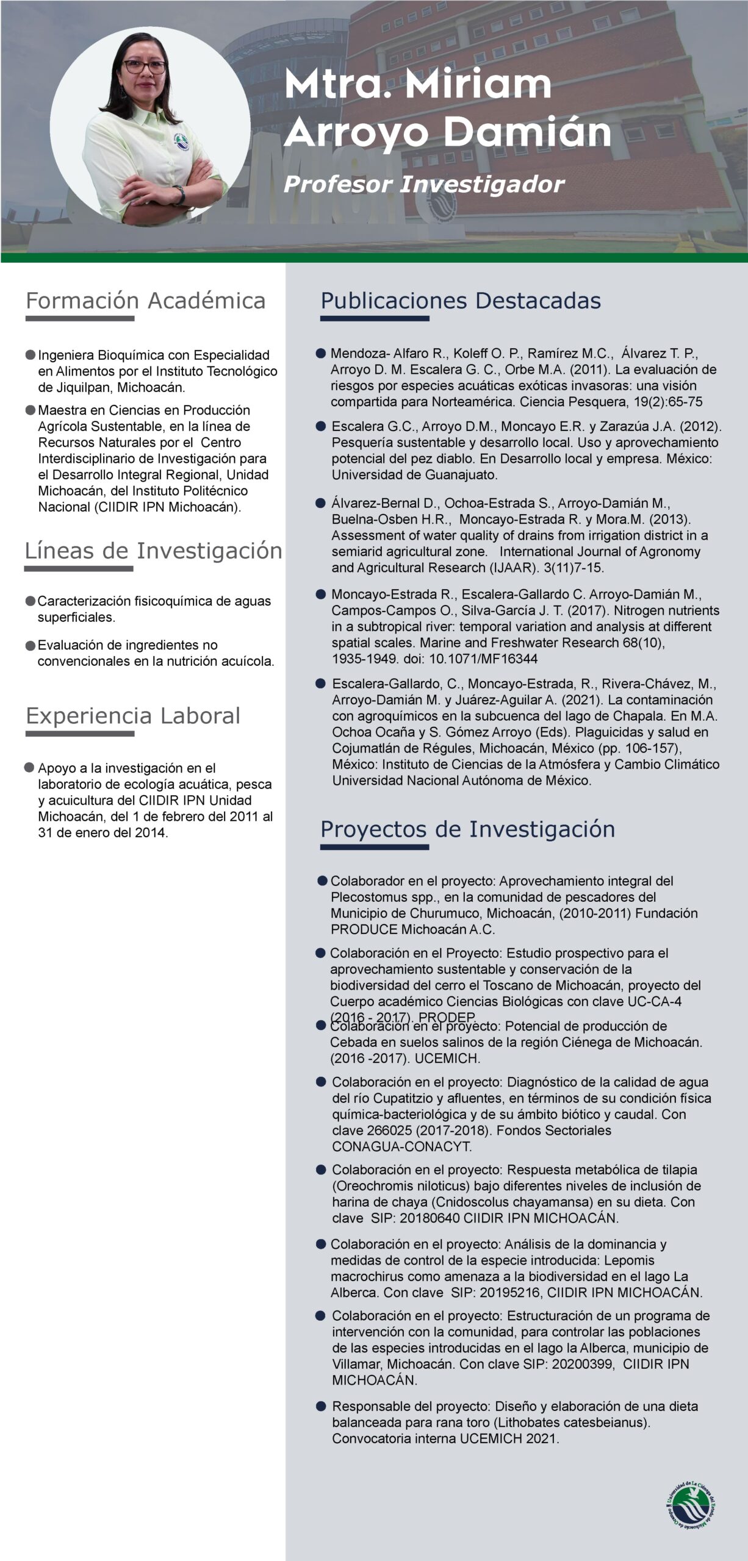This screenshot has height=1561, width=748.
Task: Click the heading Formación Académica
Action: click(x=145, y=301)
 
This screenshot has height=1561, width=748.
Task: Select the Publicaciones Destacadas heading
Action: click(x=461, y=301)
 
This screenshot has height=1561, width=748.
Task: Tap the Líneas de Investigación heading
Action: click(x=153, y=551)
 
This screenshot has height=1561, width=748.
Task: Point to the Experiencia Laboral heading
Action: click(x=133, y=716)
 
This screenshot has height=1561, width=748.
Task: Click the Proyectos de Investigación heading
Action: click(x=467, y=829)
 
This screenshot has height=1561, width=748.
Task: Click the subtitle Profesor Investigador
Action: click(x=423, y=184)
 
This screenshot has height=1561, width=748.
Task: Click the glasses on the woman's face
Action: click(x=145, y=67)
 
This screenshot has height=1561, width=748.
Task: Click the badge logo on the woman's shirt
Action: click(x=181, y=141)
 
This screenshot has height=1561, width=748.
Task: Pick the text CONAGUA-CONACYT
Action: click(x=401, y=1146)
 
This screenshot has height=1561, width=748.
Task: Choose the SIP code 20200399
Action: click(x=583, y=1364)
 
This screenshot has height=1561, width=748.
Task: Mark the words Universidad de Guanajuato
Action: click(x=414, y=474)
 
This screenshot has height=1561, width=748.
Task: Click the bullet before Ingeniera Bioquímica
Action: click(x=31, y=355)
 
